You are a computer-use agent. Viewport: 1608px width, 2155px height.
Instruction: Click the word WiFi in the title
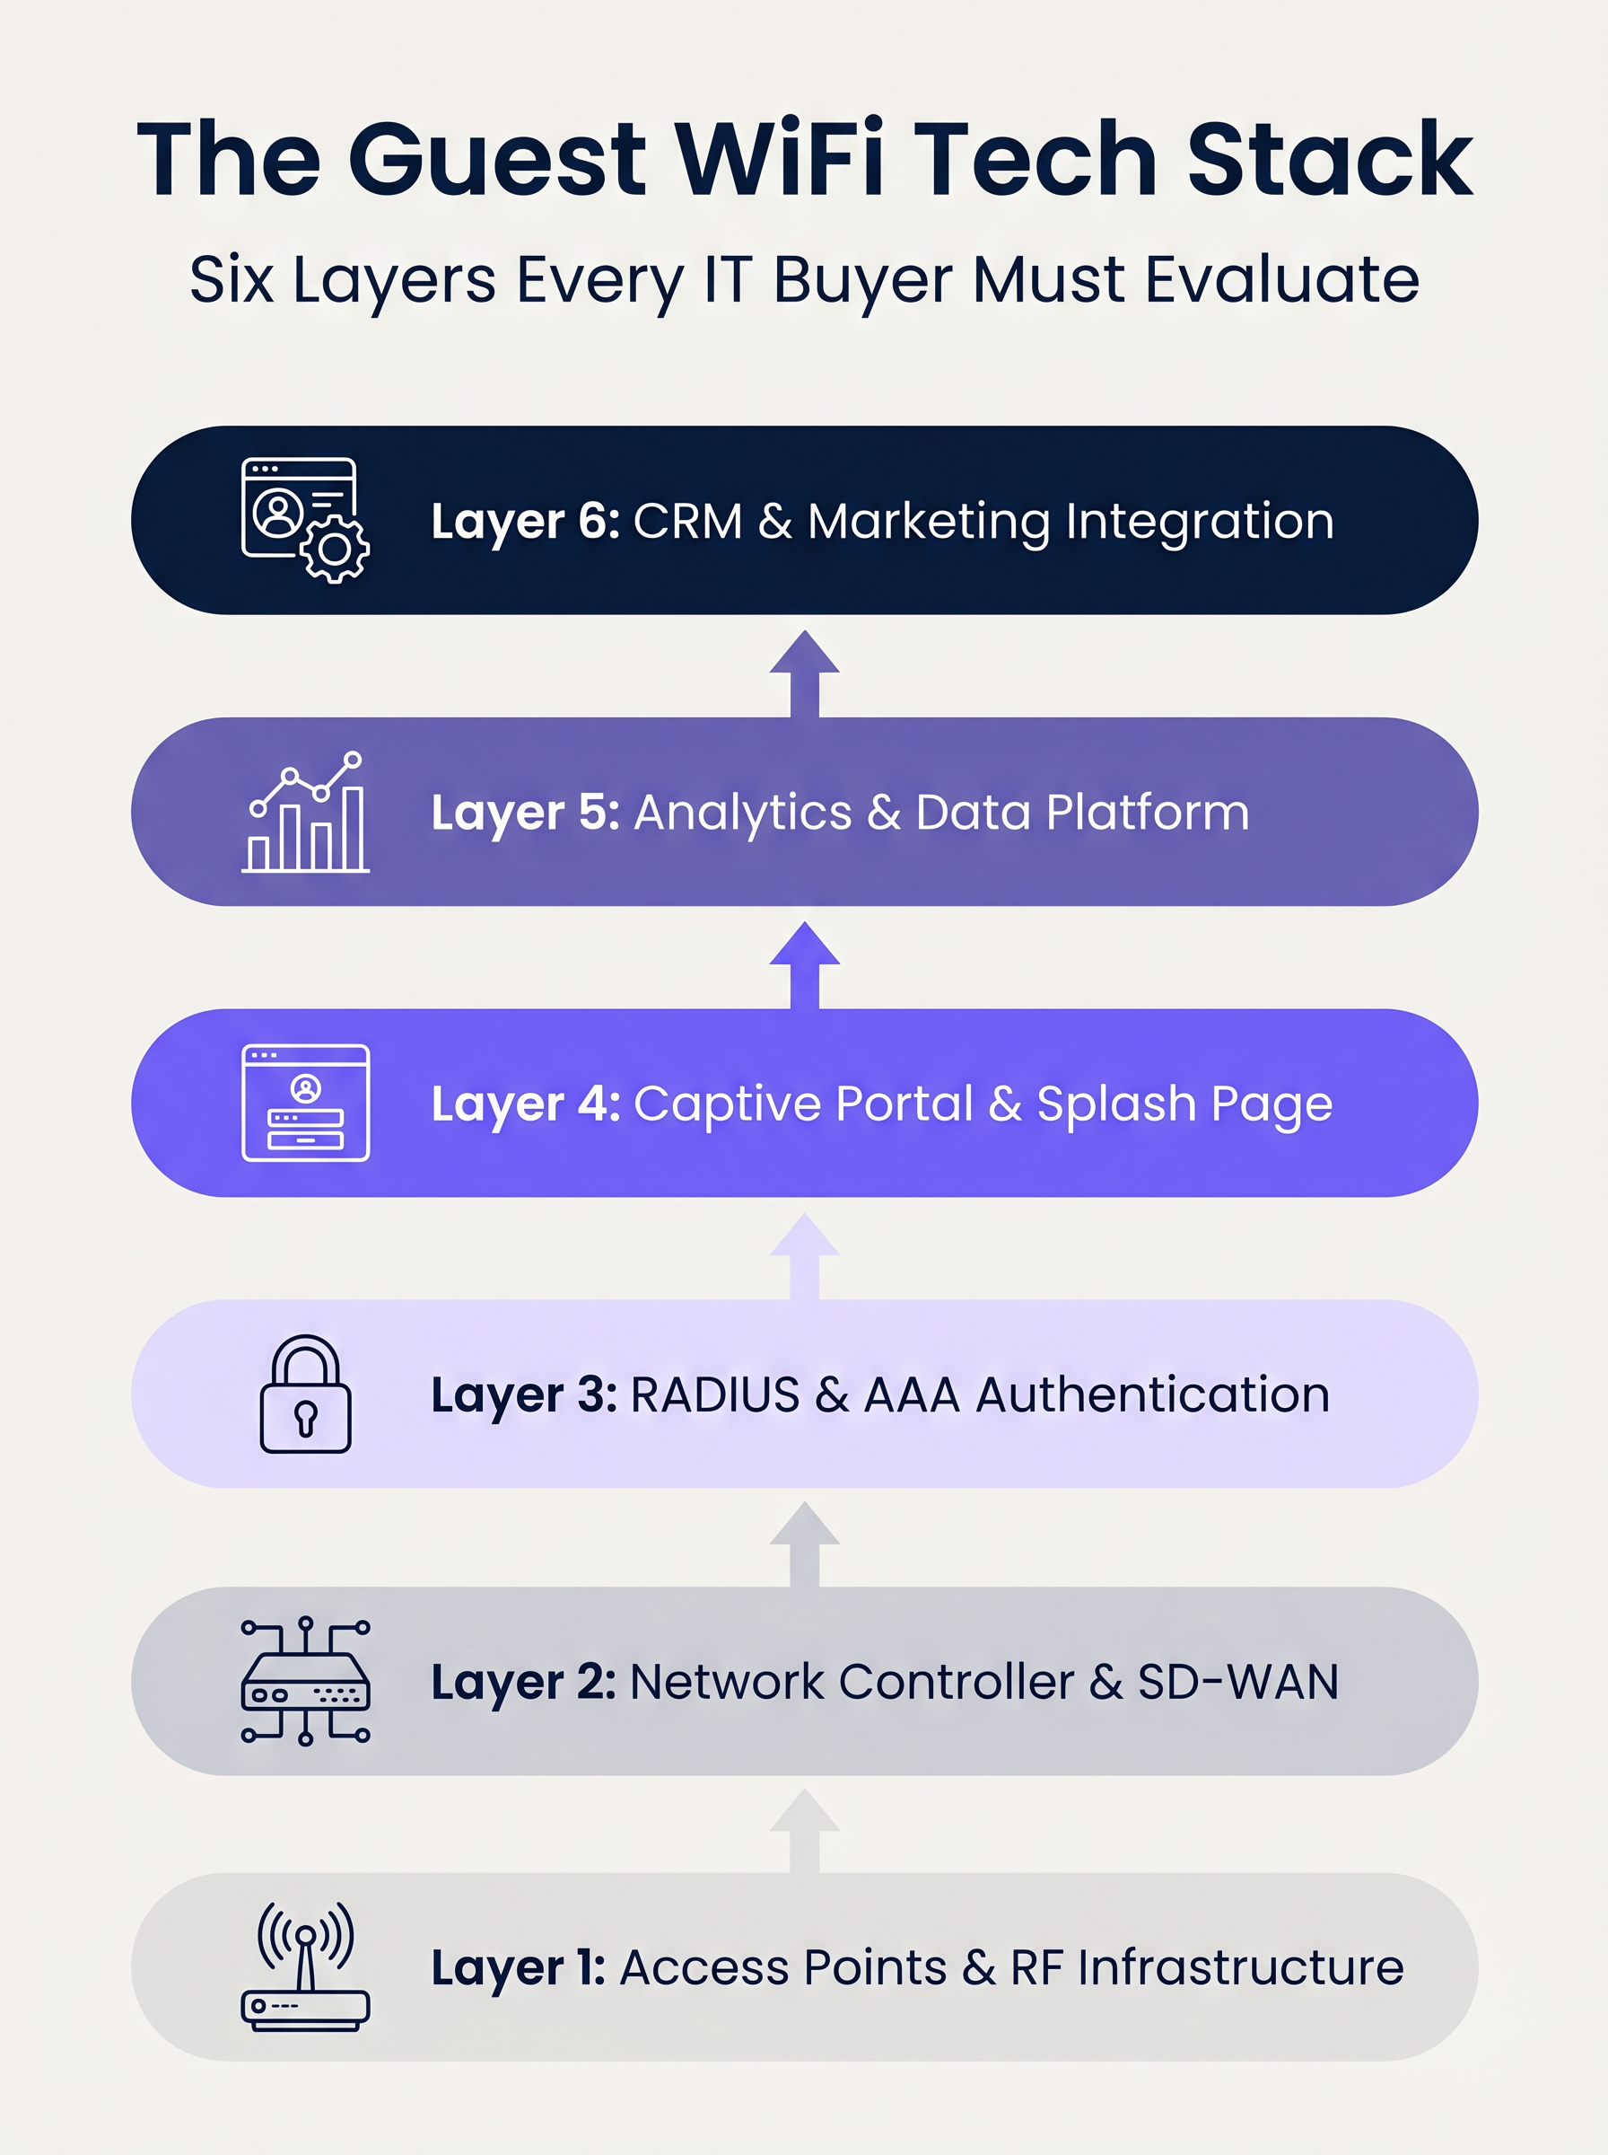(x=780, y=159)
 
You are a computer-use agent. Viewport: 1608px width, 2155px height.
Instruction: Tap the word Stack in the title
(x=1329, y=159)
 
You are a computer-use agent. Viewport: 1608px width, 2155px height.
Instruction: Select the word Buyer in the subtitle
(x=862, y=280)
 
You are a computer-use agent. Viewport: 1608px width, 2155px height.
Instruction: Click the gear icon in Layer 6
(x=335, y=550)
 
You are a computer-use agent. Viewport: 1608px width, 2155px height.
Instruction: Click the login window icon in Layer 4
(x=306, y=1103)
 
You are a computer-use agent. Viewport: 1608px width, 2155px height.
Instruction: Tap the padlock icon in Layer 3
(x=306, y=1394)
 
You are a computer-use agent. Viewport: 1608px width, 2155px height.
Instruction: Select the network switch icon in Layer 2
(x=306, y=1682)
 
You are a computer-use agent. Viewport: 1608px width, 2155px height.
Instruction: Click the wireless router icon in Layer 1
(x=306, y=1966)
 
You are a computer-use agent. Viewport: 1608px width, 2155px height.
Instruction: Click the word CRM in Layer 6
(x=687, y=521)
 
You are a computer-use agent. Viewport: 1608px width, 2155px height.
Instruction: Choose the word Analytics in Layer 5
(x=743, y=812)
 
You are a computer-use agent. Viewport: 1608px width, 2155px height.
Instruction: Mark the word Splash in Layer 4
(x=1115, y=1104)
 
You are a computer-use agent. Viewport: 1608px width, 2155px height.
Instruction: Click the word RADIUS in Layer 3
(x=714, y=1394)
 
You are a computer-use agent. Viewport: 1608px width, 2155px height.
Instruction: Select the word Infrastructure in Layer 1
(x=1240, y=1967)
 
